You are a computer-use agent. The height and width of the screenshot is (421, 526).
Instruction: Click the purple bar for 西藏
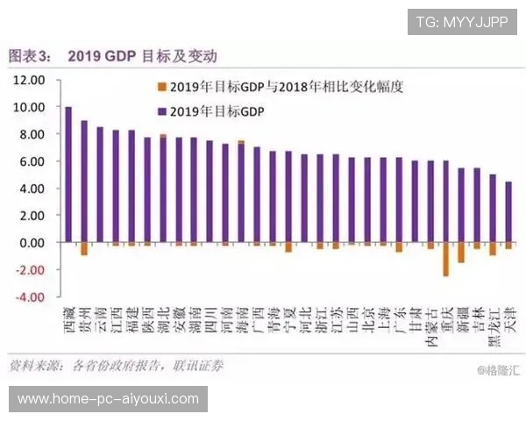[x=68, y=175]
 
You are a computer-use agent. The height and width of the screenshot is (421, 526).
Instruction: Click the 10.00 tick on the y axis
[x=29, y=107]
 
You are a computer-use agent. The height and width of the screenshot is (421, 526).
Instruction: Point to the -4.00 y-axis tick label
[x=29, y=297]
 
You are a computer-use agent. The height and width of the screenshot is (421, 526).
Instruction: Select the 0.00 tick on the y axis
[x=29, y=243]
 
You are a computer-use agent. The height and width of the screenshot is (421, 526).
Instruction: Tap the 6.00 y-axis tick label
[x=29, y=161]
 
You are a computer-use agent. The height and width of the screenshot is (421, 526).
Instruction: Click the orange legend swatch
[x=160, y=88]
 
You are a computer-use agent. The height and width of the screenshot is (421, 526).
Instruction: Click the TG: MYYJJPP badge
[x=461, y=21]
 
